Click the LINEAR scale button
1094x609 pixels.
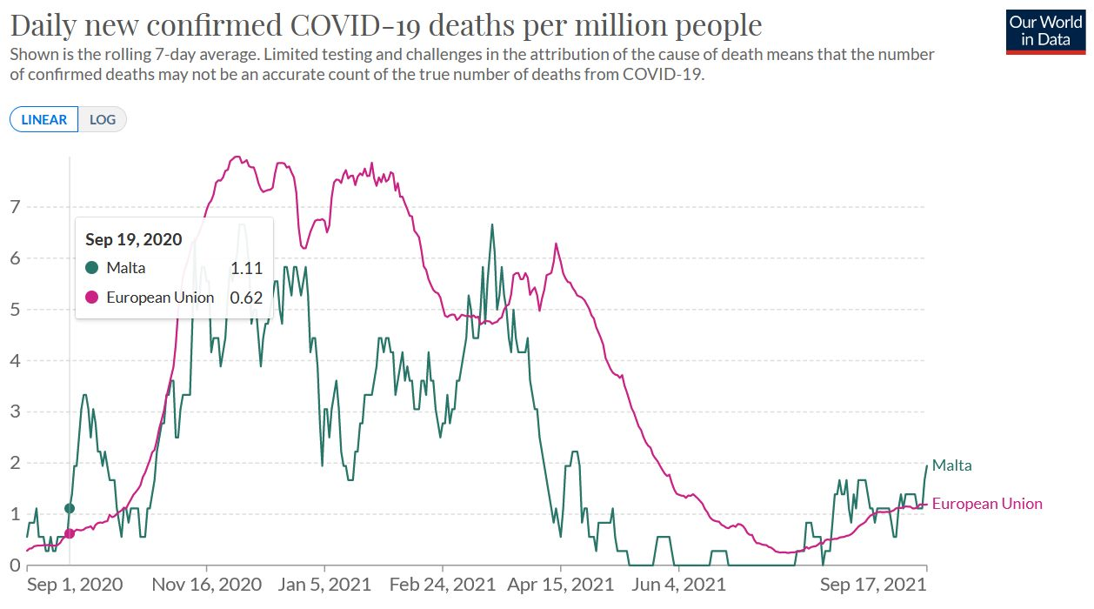tap(44, 119)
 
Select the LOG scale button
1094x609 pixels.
tap(103, 119)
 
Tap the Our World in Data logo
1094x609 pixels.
tap(1045, 31)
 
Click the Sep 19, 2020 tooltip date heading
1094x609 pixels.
tap(133, 239)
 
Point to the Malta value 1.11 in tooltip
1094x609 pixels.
tap(246, 268)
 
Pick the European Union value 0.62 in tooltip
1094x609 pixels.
tap(246, 298)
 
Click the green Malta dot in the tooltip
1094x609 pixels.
tap(92, 268)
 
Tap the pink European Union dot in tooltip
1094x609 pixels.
tap(92, 298)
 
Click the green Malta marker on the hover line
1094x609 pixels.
tap(70, 508)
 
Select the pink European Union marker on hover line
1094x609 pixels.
tap(70, 533)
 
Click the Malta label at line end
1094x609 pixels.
tap(952, 465)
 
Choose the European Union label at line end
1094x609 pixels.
tap(987, 504)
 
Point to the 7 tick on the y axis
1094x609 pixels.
tap(15, 207)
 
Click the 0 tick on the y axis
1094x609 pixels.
tap(15, 565)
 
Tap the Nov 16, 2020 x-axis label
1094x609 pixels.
tap(207, 585)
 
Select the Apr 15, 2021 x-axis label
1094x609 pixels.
tap(560, 585)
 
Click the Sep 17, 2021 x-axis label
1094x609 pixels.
tap(873, 585)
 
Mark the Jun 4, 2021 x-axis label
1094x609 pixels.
tap(678, 585)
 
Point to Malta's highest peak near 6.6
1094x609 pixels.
tap(492, 225)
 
